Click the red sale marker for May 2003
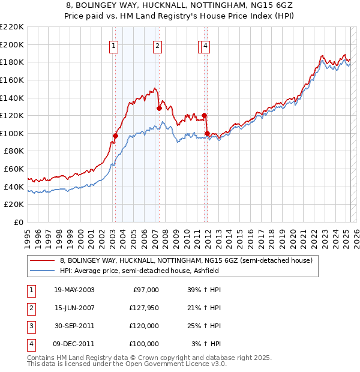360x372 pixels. (115, 136)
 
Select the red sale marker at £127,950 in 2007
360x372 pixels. (159, 109)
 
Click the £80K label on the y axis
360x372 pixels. (14, 151)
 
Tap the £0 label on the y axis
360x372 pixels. (19, 222)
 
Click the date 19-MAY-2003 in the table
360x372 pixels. (74, 290)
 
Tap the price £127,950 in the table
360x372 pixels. (143, 308)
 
